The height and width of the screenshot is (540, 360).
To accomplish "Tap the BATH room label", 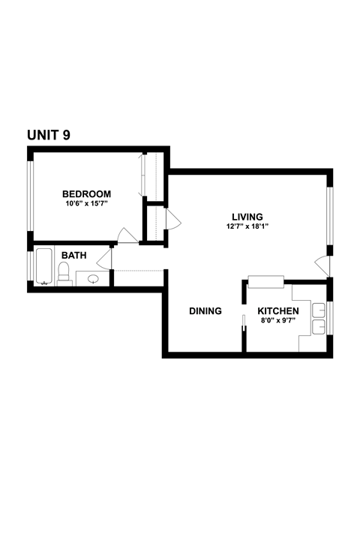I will pos(73,255).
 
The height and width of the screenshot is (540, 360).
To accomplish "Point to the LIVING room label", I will pos(247,217).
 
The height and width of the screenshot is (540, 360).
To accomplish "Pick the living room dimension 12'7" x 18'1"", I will pos(247,226).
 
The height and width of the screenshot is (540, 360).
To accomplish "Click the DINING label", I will pos(205,311).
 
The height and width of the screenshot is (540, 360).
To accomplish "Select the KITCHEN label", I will pos(278,311).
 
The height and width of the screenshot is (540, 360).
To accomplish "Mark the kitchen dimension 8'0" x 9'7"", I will pos(278,321).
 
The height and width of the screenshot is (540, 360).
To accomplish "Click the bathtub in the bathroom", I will pos(44,267).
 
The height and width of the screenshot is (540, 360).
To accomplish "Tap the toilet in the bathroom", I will pos(64,274).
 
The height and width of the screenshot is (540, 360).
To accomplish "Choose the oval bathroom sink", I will pos(93,279).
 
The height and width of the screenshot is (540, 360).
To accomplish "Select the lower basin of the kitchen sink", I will pos(319,326).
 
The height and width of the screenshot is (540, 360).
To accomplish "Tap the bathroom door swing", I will pos(104,259).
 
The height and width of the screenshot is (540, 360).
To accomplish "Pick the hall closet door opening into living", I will pos(172,219).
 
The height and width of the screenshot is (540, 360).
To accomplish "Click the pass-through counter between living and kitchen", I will pos(265,282).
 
